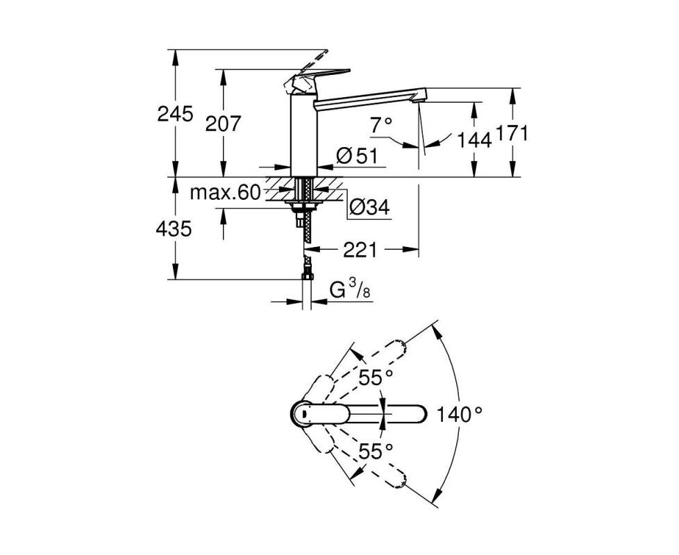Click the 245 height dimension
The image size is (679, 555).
point(175,114)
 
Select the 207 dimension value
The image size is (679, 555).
point(222,124)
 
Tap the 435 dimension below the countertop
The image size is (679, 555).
point(174,228)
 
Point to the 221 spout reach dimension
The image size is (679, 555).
point(360,250)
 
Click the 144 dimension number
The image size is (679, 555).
point(474,140)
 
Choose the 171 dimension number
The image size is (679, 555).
point(512,133)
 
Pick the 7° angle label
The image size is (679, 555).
point(381,126)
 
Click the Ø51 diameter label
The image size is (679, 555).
point(357,155)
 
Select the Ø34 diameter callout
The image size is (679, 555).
point(369,207)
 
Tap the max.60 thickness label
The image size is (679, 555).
point(225,192)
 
